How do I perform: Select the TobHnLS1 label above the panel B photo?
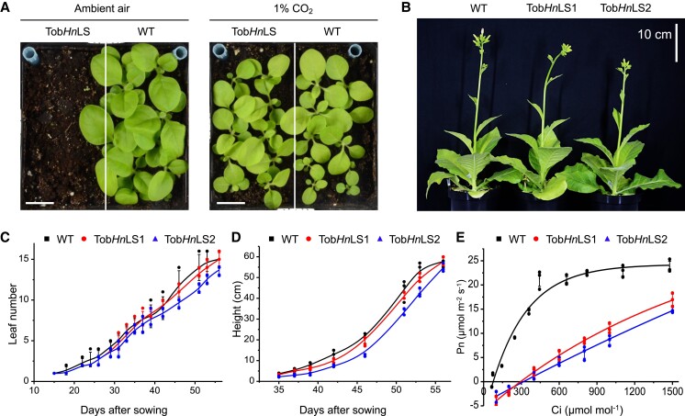(552, 9)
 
